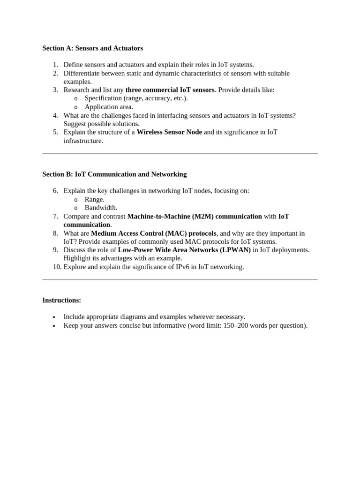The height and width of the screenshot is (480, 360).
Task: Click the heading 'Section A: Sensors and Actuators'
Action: point(92,48)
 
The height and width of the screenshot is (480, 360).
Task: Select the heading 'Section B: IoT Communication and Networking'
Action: point(114,174)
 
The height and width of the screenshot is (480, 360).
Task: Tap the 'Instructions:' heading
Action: point(61,300)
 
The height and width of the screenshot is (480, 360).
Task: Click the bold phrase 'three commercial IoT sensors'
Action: point(170,90)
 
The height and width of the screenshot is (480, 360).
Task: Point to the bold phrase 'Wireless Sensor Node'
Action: point(169,132)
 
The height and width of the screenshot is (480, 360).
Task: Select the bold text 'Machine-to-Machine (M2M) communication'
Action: point(195,217)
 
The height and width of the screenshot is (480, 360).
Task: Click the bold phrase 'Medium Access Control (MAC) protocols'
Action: point(154,233)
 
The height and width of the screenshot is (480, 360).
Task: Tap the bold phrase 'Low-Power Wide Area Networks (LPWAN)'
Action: point(184,250)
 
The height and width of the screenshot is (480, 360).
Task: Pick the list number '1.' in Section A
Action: point(55,65)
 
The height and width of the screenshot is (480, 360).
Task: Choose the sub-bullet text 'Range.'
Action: point(95,200)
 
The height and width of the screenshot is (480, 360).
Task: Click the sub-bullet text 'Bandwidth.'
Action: point(101,208)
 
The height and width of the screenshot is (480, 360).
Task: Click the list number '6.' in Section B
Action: point(55,191)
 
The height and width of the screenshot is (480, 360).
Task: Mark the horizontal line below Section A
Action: point(180,153)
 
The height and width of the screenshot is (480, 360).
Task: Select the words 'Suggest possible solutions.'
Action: point(102,124)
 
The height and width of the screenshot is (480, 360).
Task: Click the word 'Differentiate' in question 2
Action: point(83,74)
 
